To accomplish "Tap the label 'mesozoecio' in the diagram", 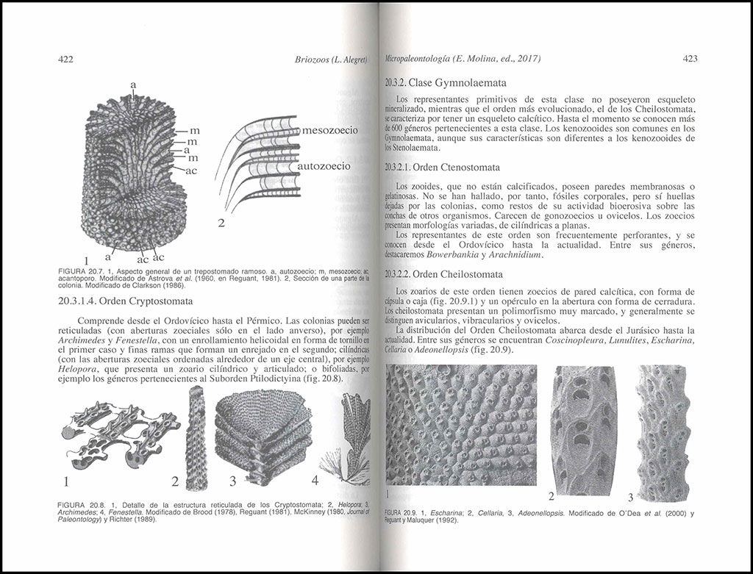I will (329, 131).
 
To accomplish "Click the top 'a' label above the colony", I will (133, 85).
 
